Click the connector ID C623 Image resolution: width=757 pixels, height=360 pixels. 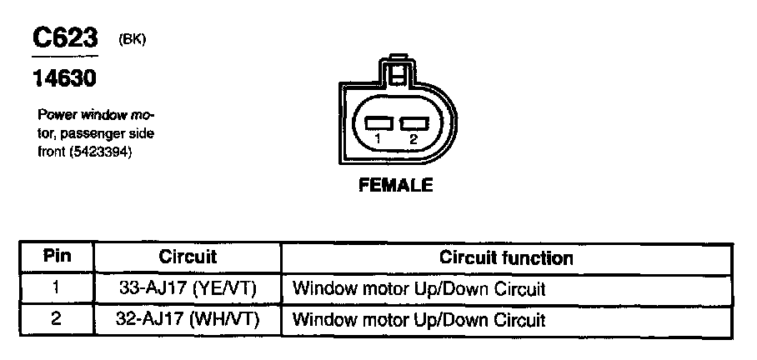click(x=65, y=38)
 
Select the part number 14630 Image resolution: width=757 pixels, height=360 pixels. click(x=64, y=79)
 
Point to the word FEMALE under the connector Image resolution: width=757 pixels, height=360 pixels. click(x=395, y=186)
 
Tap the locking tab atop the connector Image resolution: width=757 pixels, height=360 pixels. click(x=400, y=67)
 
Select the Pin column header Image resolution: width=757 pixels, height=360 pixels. click(x=56, y=257)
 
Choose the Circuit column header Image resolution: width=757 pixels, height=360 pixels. click(x=188, y=257)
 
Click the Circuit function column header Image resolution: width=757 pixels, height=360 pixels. click(x=506, y=257)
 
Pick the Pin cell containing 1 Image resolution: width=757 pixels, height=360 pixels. click(x=56, y=289)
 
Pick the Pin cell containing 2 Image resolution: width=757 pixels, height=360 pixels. click(x=56, y=318)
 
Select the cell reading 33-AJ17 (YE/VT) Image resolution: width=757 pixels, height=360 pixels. click(x=188, y=289)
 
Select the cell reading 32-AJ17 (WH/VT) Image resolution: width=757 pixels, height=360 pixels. click(x=188, y=318)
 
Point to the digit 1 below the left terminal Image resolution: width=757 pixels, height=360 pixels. click(x=378, y=139)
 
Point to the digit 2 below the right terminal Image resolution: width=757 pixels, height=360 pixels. click(x=413, y=139)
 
